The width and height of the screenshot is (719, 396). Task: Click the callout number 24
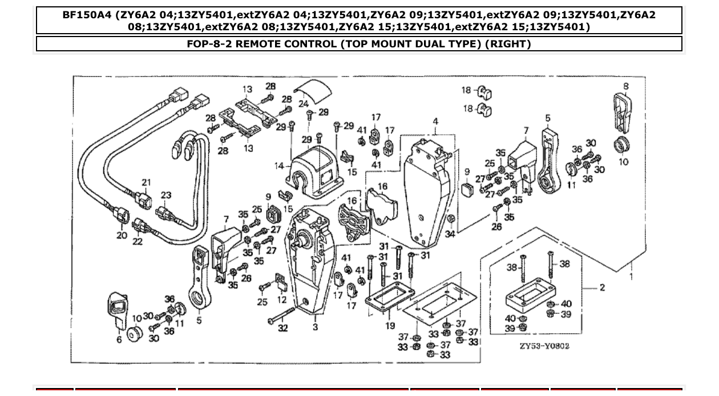pos(303,104)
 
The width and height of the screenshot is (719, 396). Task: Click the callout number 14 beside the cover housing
pos(279,166)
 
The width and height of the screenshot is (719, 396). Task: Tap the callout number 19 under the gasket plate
pos(390,326)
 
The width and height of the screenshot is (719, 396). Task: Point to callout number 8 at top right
pos(626,87)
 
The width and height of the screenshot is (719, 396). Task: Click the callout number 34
pos(450,234)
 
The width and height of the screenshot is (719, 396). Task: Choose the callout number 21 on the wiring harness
pos(147,183)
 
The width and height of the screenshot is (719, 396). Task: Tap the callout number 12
pos(282,299)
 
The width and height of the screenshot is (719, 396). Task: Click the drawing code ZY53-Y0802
pos(544,346)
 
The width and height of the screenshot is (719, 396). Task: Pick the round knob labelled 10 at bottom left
pos(135,334)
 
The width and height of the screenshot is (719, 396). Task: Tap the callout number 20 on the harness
pos(122,235)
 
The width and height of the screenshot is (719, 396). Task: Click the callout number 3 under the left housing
pos(315,327)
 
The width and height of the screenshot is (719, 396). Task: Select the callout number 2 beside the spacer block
pos(602,288)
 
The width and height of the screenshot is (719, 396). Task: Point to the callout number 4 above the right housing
pos(435,122)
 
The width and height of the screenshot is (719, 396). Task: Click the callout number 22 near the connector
pos(137,242)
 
